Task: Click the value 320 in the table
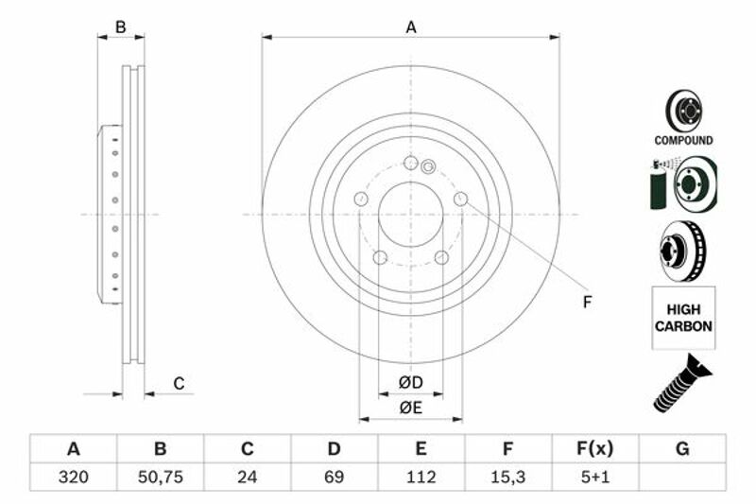pyautogui.click(x=74, y=477)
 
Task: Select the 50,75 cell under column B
pyautogui.click(x=160, y=477)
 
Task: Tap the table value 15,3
pyautogui.click(x=507, y=477)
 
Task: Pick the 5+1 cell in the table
pyautogui.click(x=595, y=477)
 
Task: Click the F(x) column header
pyautogui.click(x=595, y=448)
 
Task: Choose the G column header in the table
pyautogui.click(x=682, y=448)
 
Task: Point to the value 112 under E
pyautogui.click(x=421, y=477)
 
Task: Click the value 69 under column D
pyautogui.click(x=334, y=477)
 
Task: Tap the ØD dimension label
pyautogui.click(x=411, y=382)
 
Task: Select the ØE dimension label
pyautogui.click(x=411, y=408)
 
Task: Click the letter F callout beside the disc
pyautogui.click(x=587, y=303)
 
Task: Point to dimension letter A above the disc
pyautogui.click(x=411, y=27)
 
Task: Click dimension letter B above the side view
pyautogui.click(x=121, y=27)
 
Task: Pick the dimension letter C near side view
pyautogui.click(x=179, y=384)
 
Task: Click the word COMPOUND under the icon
pyautogui.click(x=683, y=140)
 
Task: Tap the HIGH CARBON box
pyautogui.click(x=683, y=318)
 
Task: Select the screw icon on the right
pyautogui.click(x=681, y=383)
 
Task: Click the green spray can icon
pyautogui.click(x=658, y=184)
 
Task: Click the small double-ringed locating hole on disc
pyautogui.click(x=428, y=167)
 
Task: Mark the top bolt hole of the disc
pyautogui.click(x=411, y=163)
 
